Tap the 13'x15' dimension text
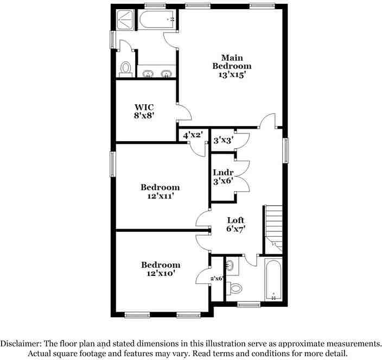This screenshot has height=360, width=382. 232,75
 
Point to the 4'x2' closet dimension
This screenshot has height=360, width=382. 193,135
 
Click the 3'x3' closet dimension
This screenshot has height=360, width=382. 222,140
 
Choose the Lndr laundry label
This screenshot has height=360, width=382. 223,173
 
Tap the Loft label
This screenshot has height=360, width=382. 235,220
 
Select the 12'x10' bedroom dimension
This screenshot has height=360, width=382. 160,274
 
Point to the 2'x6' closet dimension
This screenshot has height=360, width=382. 217,279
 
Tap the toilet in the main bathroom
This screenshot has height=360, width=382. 126,68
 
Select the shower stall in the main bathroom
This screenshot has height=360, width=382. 127,21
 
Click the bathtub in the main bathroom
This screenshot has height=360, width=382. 157,20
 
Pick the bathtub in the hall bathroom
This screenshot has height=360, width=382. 273,280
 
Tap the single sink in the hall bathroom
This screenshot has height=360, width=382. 231,266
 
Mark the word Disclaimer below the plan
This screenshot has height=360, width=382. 21,344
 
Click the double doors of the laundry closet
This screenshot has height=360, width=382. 241,175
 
